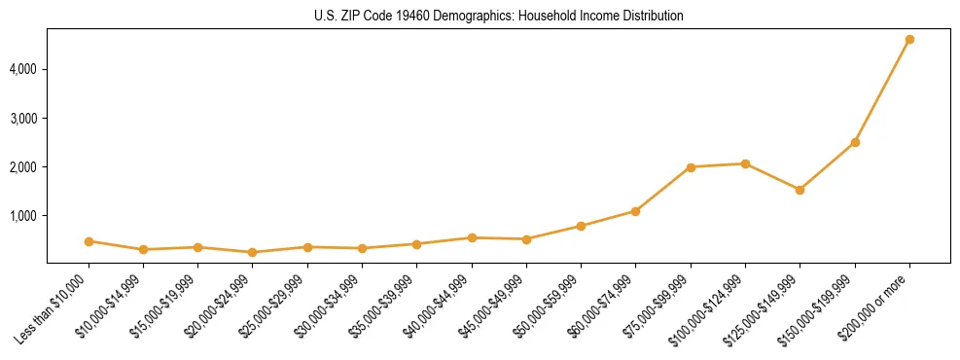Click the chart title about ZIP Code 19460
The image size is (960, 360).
[x=499, y=17]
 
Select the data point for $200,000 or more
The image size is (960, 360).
[x=909, y=40]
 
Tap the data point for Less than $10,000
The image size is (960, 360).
[x=89, y=241]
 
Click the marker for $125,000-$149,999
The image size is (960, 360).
[x=800, y=190]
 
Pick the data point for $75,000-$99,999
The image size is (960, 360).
[x=691, y=167]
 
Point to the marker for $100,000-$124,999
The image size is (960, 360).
[x=745, y=163]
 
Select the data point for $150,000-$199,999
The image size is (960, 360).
[x=855, y=142]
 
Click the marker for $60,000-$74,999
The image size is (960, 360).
[x=635, y=211]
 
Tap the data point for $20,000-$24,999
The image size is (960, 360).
[x=253, y=252]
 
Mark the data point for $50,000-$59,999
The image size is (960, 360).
[x=581, y=226]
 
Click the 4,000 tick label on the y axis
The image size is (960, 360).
[x=23, y=70]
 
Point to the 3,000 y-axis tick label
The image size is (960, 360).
[x=23, y=119]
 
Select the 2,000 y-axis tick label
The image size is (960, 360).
[x=23, y=167]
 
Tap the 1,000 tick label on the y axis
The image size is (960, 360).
[x=23, y=216]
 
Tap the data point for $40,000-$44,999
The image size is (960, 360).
[x=472, y=237]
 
